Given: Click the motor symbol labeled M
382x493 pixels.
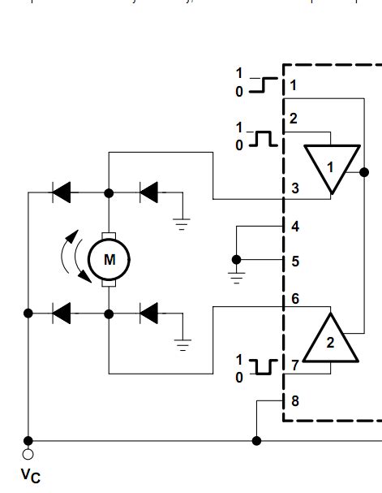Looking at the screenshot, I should (x=108, y=259).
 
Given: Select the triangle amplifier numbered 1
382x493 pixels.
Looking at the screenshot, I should (x=330, y=166).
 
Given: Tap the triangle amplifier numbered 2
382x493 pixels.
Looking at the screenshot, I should (x=330, y=339).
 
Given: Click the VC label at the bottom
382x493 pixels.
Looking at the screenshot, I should (x=30, y=474).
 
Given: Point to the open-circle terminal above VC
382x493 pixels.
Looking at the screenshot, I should (x=29, y=453).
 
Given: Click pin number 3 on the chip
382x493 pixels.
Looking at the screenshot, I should (x=295, y=188).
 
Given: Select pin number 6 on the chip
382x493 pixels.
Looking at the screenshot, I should (x=295, y=299).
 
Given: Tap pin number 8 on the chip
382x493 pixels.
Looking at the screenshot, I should (x=294, y=400).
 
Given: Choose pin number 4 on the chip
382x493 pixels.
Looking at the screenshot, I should (x=295, y=227).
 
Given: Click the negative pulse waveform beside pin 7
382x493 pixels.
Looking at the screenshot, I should (x=262, y=366).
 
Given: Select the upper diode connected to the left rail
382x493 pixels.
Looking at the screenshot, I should (x=62, y=192).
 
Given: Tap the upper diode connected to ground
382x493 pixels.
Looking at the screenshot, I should (x=148, y=192).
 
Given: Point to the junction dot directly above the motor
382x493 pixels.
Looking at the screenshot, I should (x=108, y=192).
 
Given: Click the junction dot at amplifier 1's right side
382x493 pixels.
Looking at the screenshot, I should (x=364, y=172).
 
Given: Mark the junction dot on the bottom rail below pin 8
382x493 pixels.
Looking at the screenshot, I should (x=257, y=441).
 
